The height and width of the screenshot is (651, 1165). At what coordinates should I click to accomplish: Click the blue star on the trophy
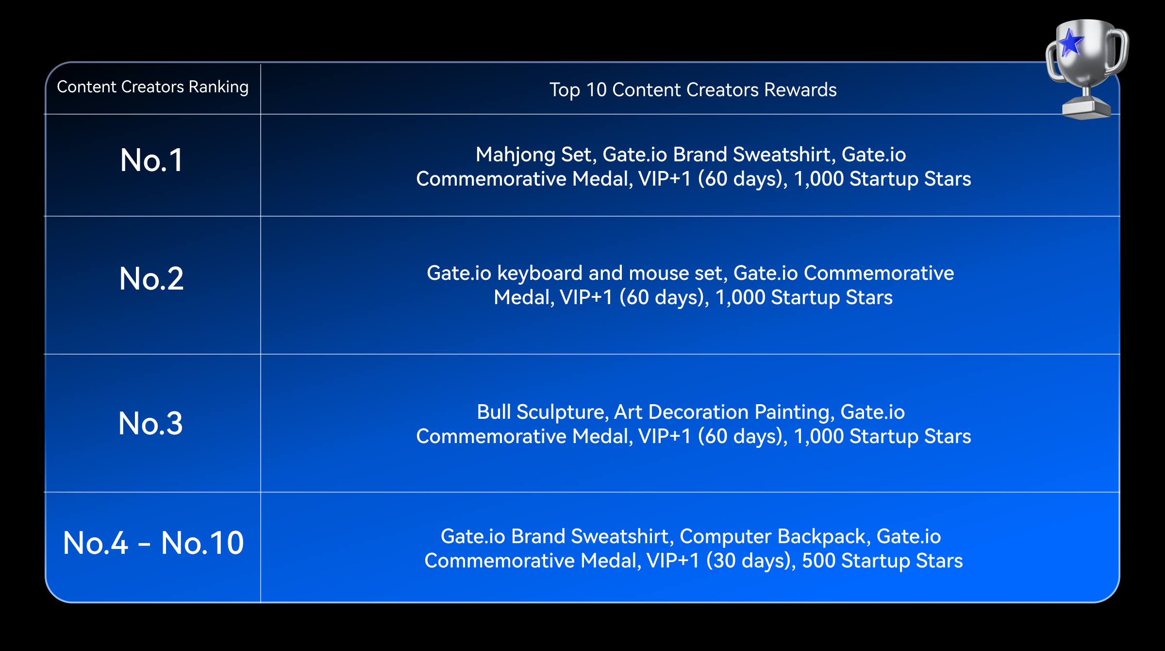point(1070,43)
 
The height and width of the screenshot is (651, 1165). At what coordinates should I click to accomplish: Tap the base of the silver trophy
point(1086,108)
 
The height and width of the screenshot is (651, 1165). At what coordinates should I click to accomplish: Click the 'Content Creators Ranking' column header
point(153,87)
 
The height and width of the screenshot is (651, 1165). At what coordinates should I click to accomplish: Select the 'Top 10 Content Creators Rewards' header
point(693,90)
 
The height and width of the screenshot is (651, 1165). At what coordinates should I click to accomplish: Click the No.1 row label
point(152,160)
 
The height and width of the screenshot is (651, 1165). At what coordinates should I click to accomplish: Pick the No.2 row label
point(151,278)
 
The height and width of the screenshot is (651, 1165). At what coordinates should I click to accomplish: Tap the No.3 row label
point(151,423)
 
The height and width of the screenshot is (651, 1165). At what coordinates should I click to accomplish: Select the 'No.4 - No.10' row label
point(153,542)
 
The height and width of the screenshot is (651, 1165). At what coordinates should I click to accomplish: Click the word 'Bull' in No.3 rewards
point(493,412)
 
